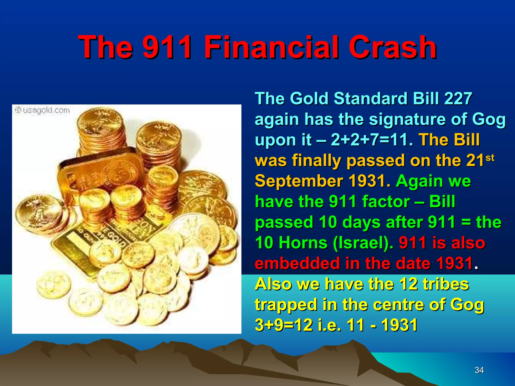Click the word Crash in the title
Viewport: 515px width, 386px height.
(392, 47)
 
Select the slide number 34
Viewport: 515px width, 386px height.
(479, 370)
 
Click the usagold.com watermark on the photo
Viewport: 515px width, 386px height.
(42, 111)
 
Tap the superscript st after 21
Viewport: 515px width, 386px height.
(490, 158)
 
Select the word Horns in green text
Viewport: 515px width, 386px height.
(303, 243)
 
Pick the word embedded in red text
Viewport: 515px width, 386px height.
(297, 263)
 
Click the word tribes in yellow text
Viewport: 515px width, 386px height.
(445, 284)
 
